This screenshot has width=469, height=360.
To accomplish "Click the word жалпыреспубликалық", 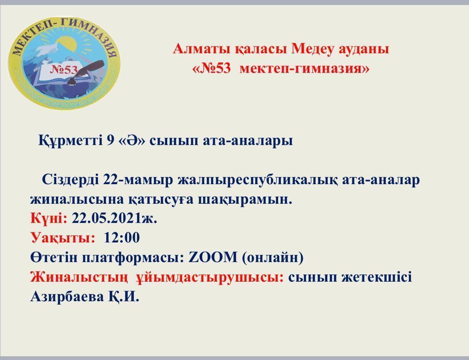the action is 257,180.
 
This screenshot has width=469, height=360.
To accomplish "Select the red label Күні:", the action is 49,218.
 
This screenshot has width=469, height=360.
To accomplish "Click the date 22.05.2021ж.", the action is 115,218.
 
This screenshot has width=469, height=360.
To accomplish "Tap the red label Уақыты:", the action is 63,238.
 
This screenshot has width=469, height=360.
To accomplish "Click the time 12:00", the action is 122,238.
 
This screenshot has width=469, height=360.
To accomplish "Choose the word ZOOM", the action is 213,257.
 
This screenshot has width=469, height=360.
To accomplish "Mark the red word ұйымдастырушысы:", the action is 210,277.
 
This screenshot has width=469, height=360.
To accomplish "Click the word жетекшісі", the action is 376,277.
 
